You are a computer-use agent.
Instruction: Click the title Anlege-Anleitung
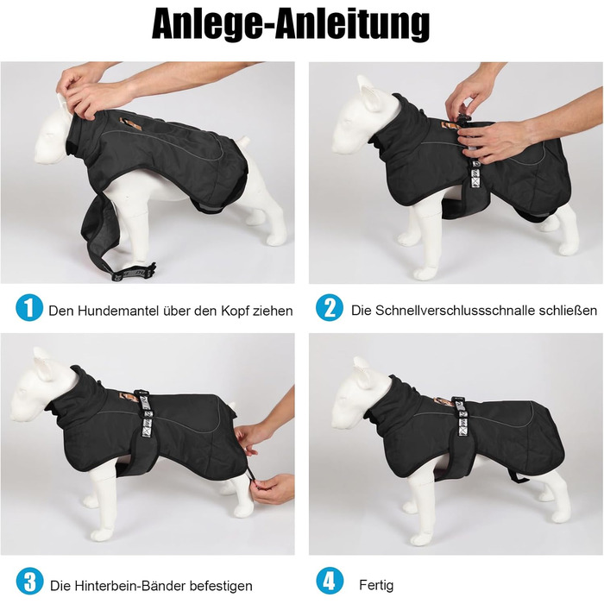291,24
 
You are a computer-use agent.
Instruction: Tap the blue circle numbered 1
29,307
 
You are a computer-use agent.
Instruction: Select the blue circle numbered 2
330,307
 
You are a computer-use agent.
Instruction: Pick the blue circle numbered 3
29,581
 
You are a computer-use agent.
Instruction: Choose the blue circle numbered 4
330,581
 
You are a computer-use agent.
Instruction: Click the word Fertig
376,585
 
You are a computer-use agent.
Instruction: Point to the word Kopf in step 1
235,311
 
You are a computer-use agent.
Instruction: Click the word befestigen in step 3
219,586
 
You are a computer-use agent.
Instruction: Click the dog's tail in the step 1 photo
244,142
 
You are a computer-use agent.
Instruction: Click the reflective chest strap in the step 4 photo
460,417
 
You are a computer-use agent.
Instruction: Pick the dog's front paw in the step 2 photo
425,274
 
